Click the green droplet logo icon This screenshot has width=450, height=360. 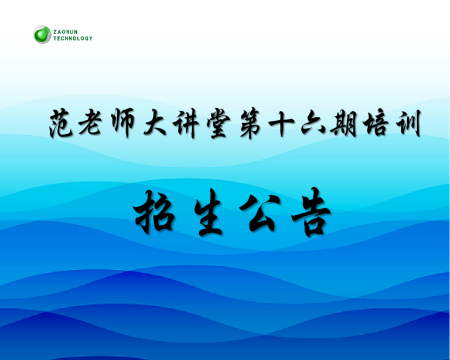[x=42, y=35]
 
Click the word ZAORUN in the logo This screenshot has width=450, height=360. [x=66, y=32]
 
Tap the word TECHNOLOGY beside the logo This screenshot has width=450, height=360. [x=73, y=38]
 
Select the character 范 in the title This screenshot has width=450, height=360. [x=61, y=124]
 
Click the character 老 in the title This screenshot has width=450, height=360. [x=90, y=124]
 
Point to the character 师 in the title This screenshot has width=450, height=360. [x=122, y=124]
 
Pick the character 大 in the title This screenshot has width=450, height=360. [x=155, y=124]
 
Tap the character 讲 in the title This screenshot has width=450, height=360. [x=186, y=124]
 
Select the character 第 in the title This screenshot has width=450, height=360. [x=251, y=124]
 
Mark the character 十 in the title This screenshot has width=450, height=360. [x=281, y=124]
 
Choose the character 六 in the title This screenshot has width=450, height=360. [x=313, y=124]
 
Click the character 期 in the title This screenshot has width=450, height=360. [x=343, y=124]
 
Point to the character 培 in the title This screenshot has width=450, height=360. [x=376, y=124]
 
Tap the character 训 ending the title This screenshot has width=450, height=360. [x=408, y=124]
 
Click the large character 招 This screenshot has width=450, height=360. [x=155, y=212]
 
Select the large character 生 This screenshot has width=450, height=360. [x=208, y=212]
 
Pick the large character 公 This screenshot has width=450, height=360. [x=260, y=213]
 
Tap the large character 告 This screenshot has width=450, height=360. [x=311, y=212]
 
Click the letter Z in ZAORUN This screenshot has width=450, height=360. [x=55, y=32]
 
